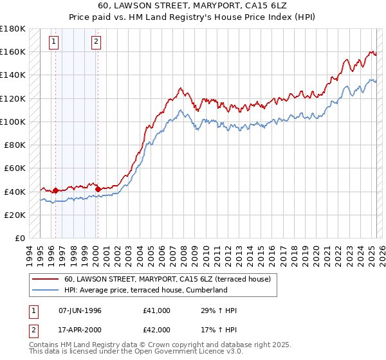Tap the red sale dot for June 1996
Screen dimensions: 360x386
(56, 190)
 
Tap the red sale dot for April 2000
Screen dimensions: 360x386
(98, 189)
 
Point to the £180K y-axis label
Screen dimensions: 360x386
(13, 28)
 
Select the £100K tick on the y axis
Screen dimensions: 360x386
(13, 122)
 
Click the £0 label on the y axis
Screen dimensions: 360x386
(19, 238)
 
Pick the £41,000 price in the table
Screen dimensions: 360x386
(157, 310)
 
